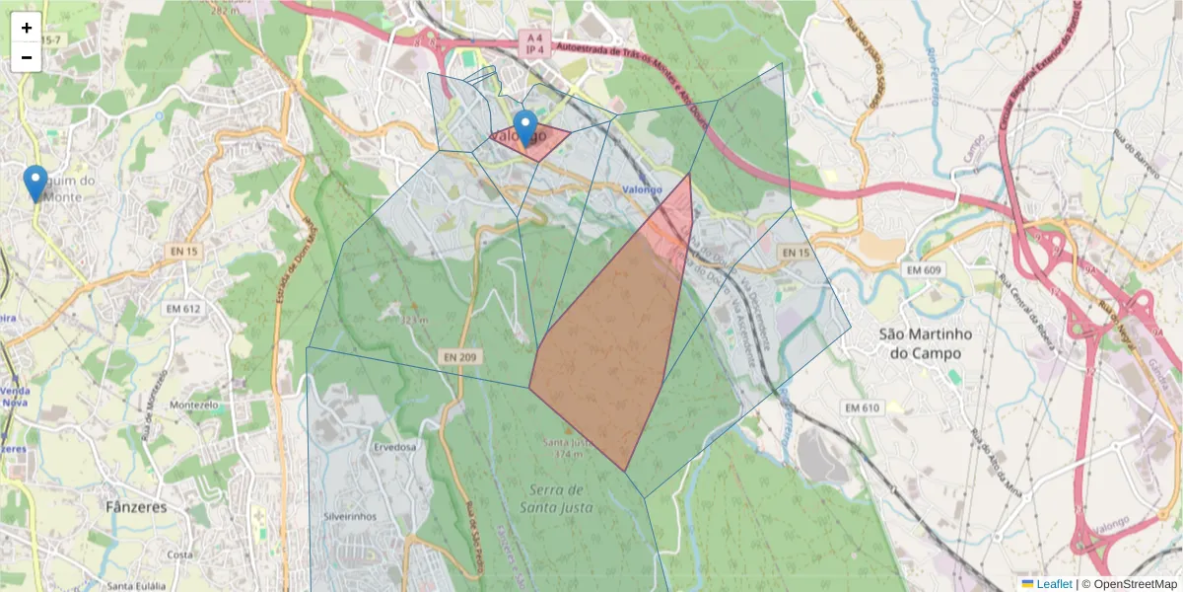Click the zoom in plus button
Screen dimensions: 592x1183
(27, 28)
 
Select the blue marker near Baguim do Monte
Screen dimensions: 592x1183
(35, 183)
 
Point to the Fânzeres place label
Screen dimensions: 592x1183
(136, 507)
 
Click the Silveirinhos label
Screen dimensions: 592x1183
(351, 516)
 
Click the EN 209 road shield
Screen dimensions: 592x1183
(459, 355)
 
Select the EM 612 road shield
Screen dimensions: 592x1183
(182, 309)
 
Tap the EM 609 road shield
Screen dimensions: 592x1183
(925, 269)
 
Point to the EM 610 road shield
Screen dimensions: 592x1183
(861, 407)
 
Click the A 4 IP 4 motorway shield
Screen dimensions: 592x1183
(532, 42)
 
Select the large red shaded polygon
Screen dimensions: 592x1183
(611, 345)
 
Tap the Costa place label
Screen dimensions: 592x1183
(180, 555)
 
